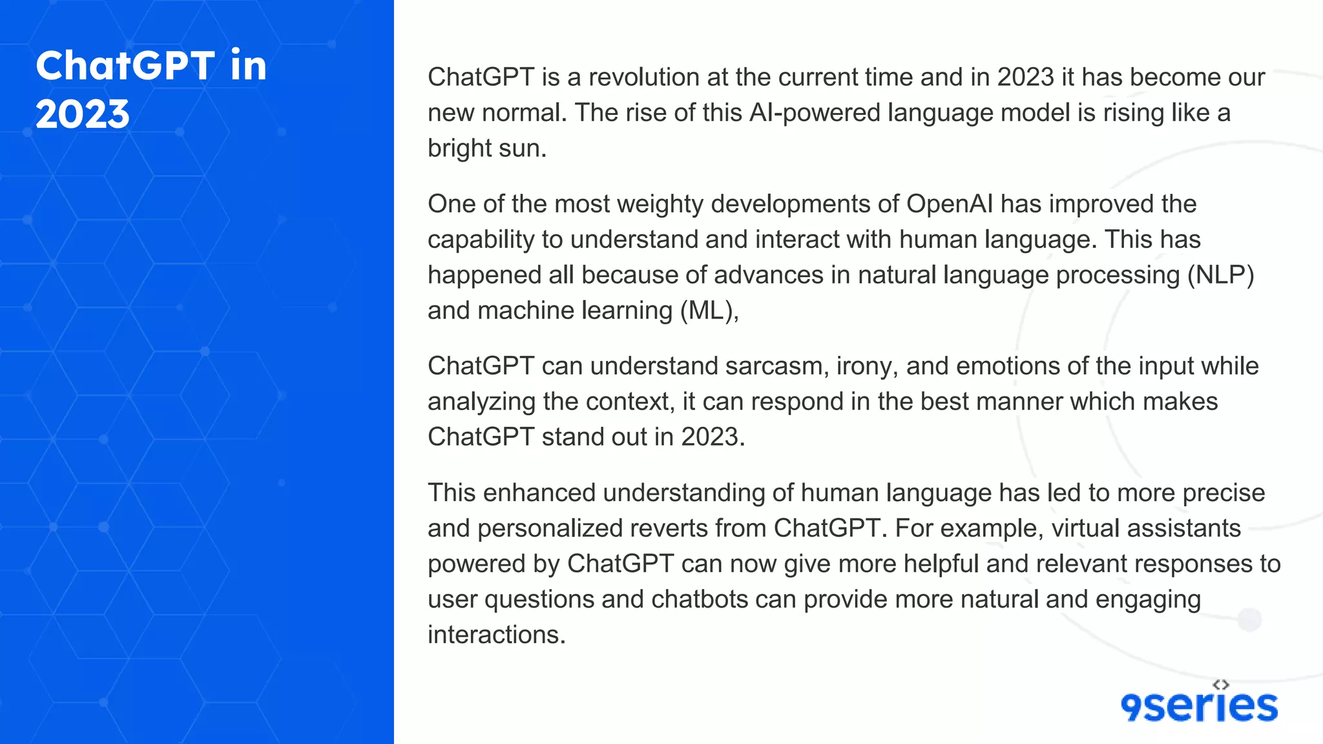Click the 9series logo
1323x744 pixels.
(x=1199, y=706)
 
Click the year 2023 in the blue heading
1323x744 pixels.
(x=83, y=114)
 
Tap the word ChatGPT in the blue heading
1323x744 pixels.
(x=125, y=66)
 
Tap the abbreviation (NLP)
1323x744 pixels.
(x=1220, y=275)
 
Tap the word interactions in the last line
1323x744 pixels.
(x=496, y=635)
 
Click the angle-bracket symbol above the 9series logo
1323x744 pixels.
(x=1220, y=685)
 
